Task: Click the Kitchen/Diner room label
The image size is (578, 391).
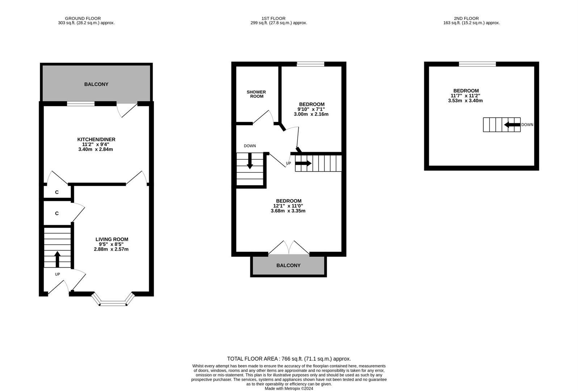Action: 96,139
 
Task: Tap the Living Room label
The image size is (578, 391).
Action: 112,239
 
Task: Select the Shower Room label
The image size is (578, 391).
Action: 256,94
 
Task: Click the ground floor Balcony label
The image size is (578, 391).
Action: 96,84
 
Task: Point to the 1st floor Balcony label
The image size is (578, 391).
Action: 288,265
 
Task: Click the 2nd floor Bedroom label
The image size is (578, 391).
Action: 466,91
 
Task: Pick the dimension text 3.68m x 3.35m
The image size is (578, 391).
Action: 288,211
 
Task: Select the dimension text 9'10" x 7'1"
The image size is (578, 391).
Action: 311,109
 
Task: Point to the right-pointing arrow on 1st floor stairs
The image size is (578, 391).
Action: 303,163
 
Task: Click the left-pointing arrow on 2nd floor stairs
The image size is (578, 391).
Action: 512,125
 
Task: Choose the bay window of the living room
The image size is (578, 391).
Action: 113,302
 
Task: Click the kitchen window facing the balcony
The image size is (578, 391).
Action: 81,104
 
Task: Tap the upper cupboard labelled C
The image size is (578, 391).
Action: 57,192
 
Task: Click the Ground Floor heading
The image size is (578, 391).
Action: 83,18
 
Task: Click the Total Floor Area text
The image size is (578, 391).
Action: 289,359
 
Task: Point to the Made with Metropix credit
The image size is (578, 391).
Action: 289,388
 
